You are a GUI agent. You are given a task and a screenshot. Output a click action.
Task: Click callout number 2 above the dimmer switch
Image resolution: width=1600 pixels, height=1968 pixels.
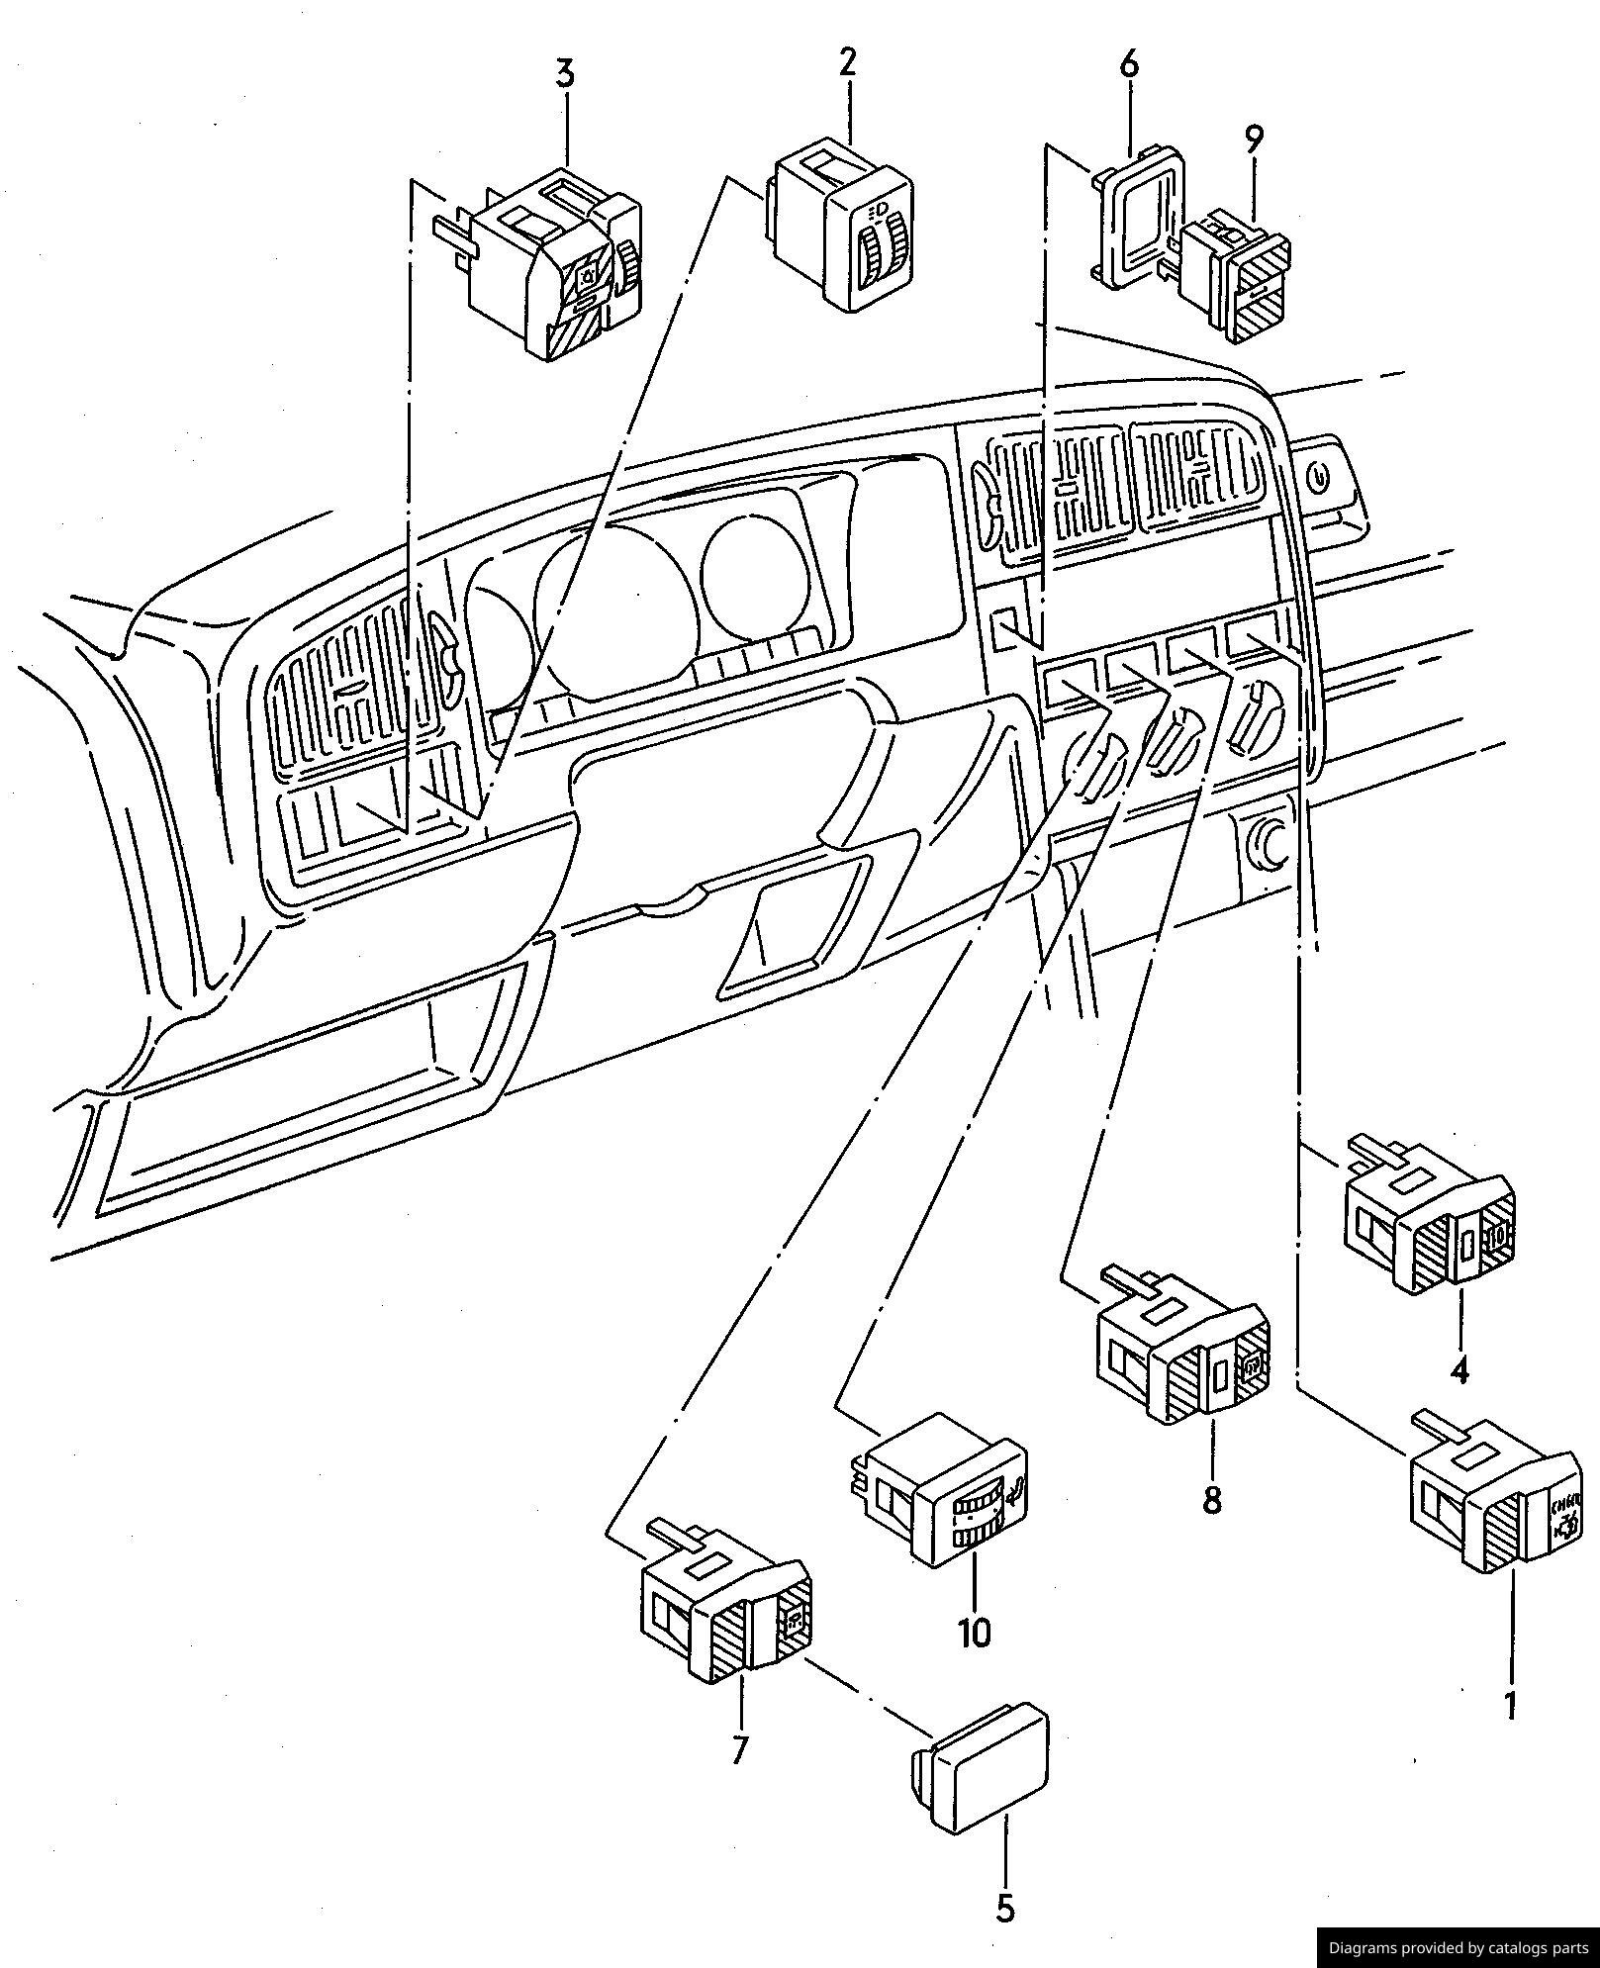(847, 62)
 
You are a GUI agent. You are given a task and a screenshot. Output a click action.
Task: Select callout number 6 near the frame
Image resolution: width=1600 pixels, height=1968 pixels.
(1129, 65)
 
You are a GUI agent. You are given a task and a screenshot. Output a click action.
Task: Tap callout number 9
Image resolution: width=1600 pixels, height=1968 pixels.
(1254, 140)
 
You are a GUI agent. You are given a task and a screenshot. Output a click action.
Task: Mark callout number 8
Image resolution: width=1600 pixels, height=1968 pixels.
(1212, 1499)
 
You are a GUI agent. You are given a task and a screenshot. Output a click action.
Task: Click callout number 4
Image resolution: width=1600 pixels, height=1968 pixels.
(1459, 1370)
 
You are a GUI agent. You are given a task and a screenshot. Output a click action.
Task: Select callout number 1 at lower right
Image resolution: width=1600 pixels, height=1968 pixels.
(1510, 1705)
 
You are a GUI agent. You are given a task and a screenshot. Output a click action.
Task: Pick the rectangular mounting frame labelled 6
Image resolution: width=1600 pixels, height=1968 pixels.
(1138, 218)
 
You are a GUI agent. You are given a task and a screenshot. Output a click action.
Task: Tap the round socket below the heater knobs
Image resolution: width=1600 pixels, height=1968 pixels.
(1268, 840)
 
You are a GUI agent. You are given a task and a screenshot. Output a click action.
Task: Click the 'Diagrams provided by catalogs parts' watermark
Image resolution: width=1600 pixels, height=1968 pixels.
(1458, 1947)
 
